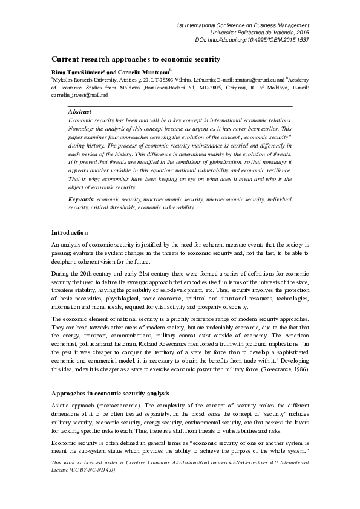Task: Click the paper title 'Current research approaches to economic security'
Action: [136, 59]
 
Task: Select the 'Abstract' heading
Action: [80, 112]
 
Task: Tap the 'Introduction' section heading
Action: [70, 232]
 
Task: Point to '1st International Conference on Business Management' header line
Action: [243, 24]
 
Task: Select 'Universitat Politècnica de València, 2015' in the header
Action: [260, 31]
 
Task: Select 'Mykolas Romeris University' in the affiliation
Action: [81, 79]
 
